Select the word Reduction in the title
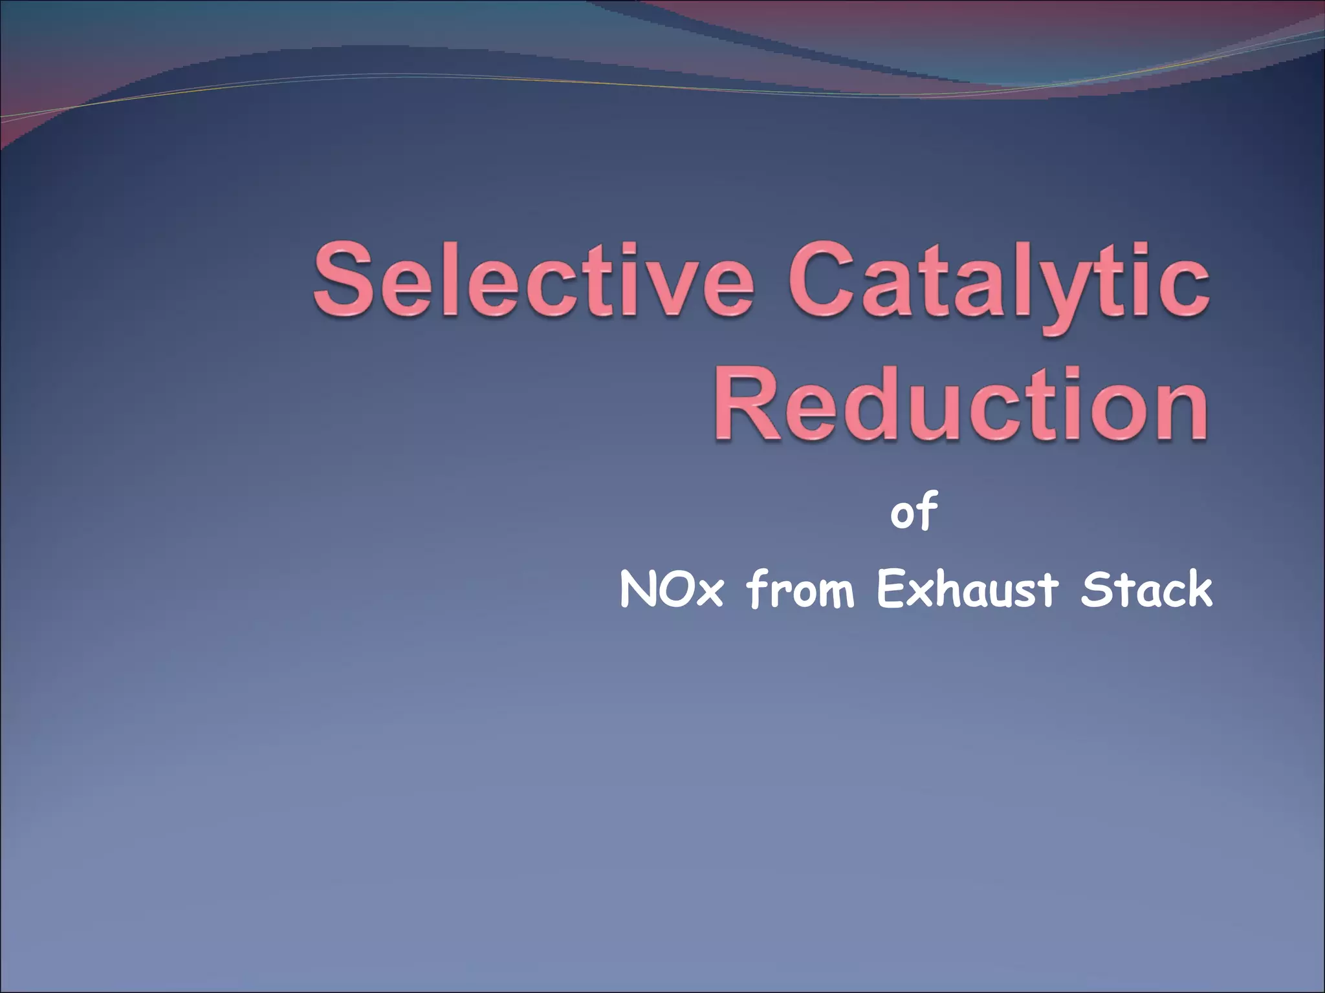[961, 403]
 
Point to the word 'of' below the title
[914, 511]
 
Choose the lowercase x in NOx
[708, 595]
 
